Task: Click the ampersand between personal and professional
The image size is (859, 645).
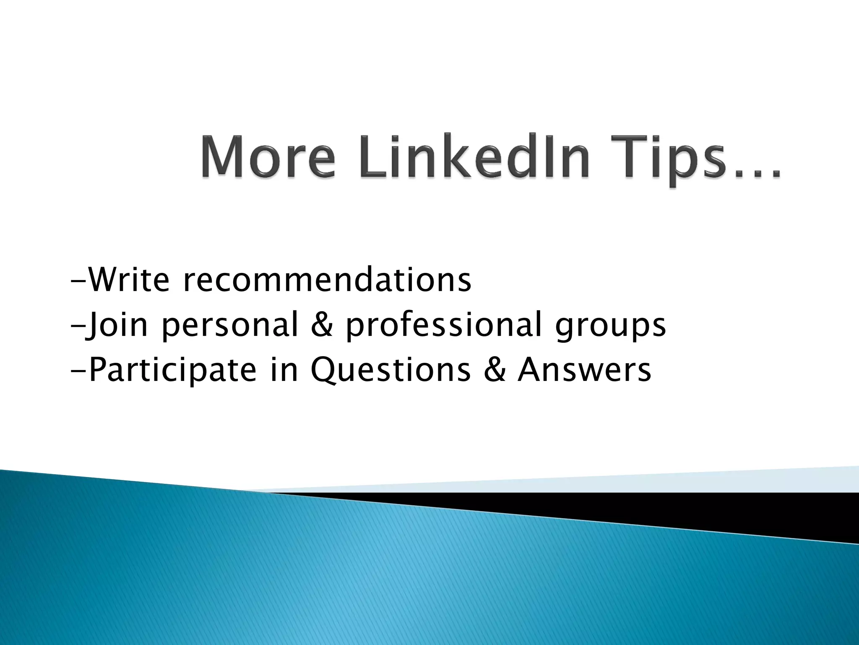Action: (322, 325)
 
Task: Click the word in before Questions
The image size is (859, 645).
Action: (284, 370)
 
